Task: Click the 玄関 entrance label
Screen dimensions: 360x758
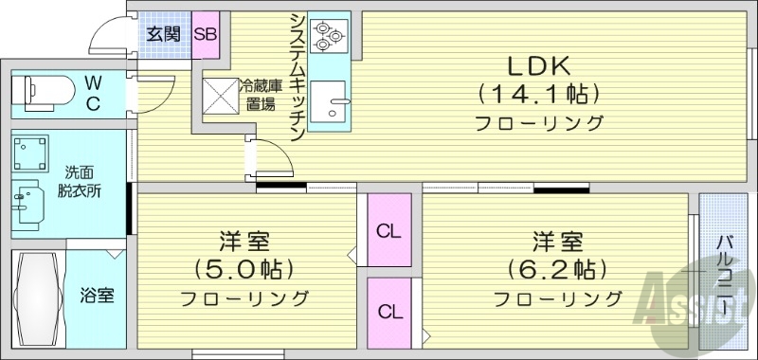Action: click(x=163, y=33)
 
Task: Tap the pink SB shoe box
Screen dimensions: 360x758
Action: click(x=206, y=33)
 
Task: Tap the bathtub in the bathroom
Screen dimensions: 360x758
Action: click(x=39, y=297)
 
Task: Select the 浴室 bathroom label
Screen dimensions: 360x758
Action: click(x=97, y=295)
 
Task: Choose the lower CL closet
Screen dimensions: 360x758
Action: click(x=388, y=311)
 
